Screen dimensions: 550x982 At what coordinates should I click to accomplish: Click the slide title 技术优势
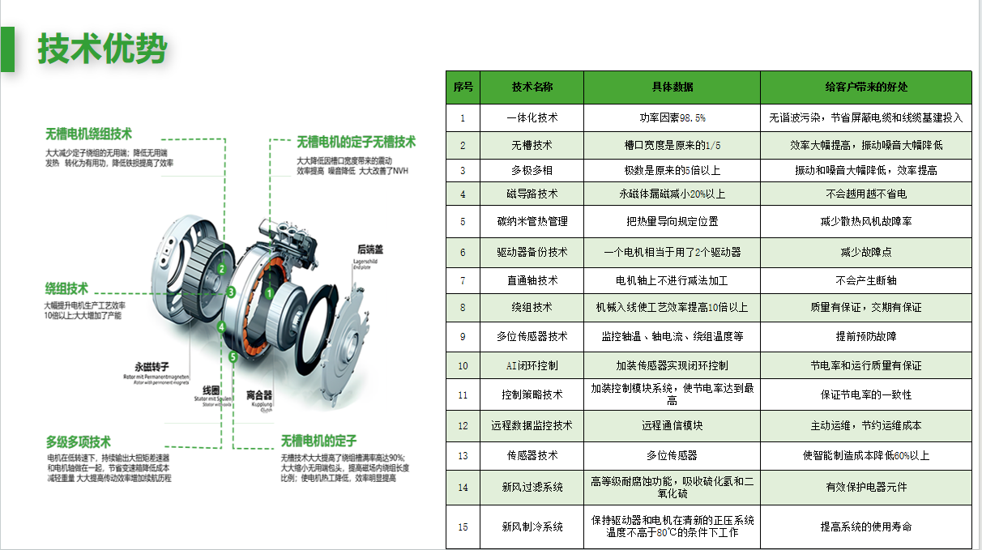[102, 49]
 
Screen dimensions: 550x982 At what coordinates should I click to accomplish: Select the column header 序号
[463, 87]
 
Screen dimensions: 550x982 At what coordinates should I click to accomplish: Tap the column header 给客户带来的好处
[865, 87]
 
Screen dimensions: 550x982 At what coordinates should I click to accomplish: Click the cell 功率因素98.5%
[672, 117]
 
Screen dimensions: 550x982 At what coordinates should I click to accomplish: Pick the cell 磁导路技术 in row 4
[532, 194]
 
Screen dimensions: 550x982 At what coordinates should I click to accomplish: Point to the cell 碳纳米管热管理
[532, 221]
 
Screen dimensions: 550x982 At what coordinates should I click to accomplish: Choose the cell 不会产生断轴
[865, 280]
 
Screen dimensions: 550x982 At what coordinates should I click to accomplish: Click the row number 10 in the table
[463, 365]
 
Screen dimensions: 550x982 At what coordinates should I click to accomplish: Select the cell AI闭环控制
[532, 365]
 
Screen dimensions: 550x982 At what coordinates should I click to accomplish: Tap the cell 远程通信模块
[672, 425]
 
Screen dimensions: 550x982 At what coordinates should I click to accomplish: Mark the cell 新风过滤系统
[532, 487]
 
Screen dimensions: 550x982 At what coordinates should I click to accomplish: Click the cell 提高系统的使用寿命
[865, 527]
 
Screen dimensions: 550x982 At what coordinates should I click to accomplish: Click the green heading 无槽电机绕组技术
[88, 134]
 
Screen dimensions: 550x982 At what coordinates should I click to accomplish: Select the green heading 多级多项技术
[78, 442]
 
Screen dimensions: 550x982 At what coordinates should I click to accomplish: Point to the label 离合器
[258, 395]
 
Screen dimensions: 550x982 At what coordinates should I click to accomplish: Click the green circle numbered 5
[233, 356]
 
